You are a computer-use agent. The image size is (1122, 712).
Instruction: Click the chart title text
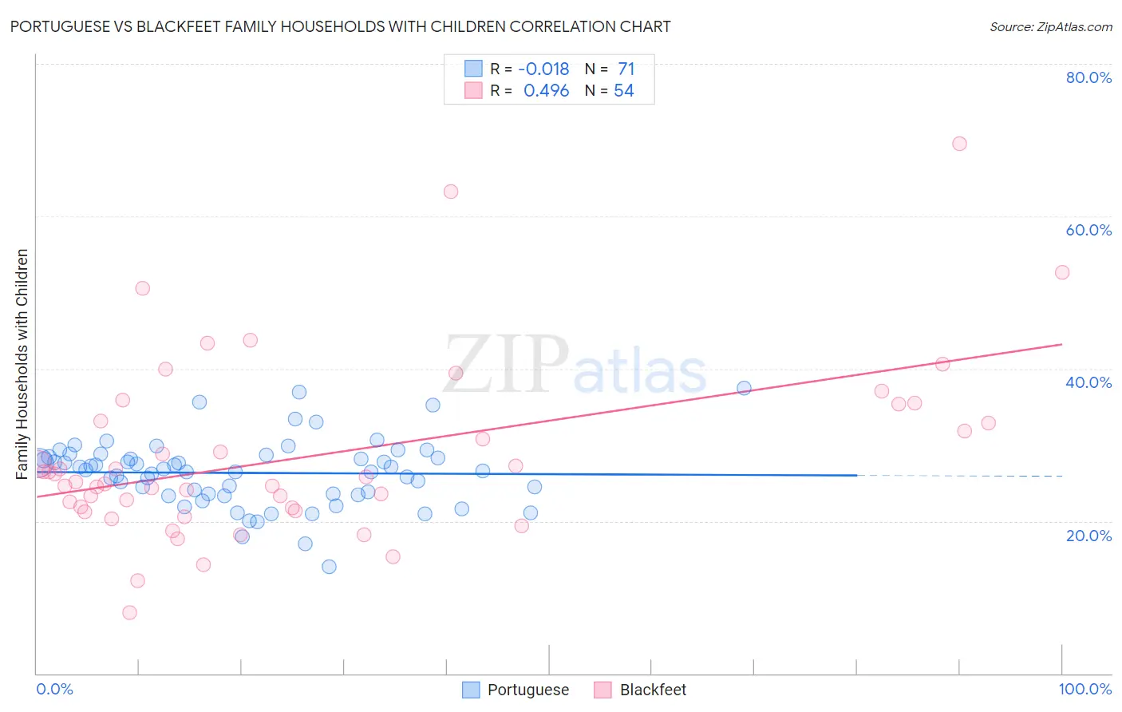pyautogui.click(x=340, y=26)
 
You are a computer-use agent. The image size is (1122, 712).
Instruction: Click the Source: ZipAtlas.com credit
pyautogui.click(x=1050, y=26)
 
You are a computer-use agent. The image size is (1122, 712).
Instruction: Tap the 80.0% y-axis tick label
pyautogui.click(x=1088, y=77)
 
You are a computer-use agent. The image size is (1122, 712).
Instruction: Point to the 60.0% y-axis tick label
pyautogui.click(x=1088, y=230)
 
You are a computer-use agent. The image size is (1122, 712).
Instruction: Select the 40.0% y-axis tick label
pyautogui.click(x=1088, y=382)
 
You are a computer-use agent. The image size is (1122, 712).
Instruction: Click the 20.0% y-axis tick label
pyautogui.click(x=1088, y=536)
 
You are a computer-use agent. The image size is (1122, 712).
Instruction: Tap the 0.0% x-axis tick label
pyautogui.click(x=54, y=689)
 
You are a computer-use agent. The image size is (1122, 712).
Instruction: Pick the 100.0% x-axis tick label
pyautogui.click(x=1084, y=689)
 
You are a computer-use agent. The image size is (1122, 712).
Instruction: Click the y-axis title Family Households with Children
pyautogui.click(x=22, y=364)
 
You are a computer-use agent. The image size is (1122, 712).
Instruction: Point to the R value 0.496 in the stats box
pyautogui.click(x=546, y=91)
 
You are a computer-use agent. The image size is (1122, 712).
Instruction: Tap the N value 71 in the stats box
pyautogui.click(x=626, y=69)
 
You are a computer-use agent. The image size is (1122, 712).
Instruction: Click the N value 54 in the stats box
pyautogui.click(x=623, y=91)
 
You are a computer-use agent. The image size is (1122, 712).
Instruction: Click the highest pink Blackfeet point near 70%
pyautogui.click(x=959, y=144)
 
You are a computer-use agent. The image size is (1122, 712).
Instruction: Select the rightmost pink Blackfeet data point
pyautogui.click(x=1061, y=272)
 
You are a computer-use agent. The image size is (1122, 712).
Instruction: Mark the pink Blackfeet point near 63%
pyautogui.click(x=450, y=192)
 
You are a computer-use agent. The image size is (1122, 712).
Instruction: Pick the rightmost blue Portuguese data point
pyautogui.click(x=744, y=388)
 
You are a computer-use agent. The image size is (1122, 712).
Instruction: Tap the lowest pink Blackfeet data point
pyautogui.click(x=129, y=612)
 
